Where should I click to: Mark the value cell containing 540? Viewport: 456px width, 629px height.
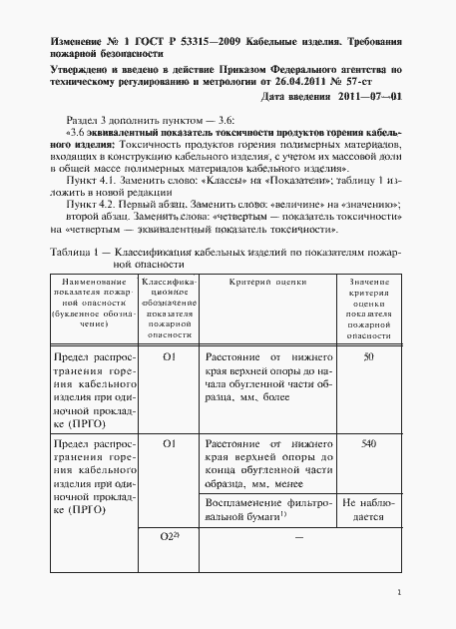[369, 442]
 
